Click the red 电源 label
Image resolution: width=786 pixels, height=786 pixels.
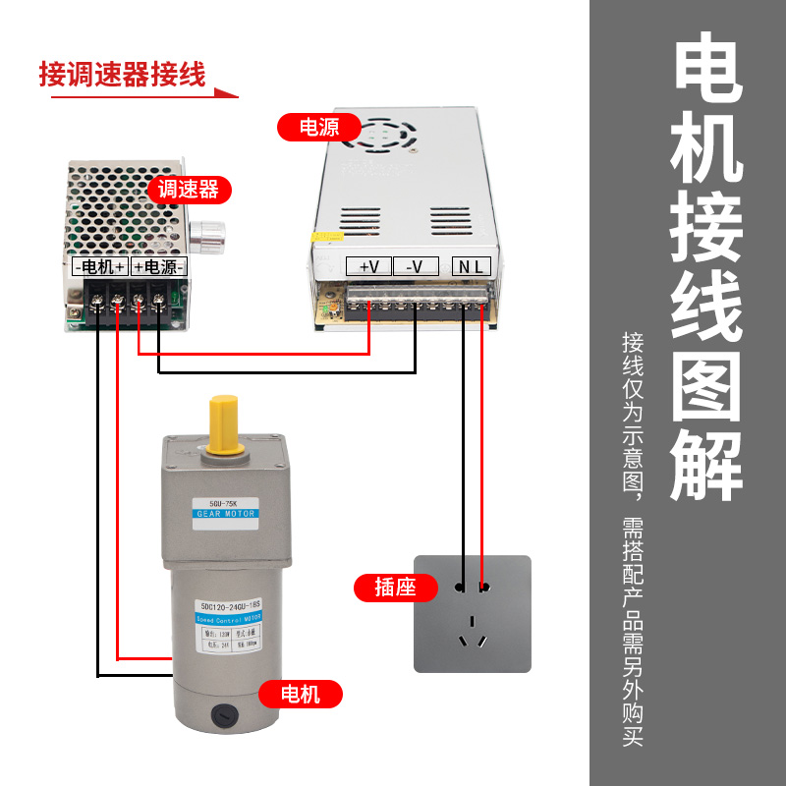[x=319, y=127]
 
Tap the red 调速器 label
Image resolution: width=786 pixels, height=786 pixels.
[x=188, y=189]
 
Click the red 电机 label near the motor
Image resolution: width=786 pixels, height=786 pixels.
[x=301, y=695]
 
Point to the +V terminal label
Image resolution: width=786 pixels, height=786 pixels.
[x=369, y=266]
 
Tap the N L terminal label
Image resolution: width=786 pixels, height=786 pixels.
[x=473, y=266]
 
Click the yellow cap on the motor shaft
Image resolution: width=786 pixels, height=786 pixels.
[x=226, y=424]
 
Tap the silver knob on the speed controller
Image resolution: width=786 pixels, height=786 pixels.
[x=206, y=236]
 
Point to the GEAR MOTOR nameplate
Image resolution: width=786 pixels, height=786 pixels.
[x=225, y=511]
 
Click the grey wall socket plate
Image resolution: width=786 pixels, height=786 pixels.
[x=472, y=614]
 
